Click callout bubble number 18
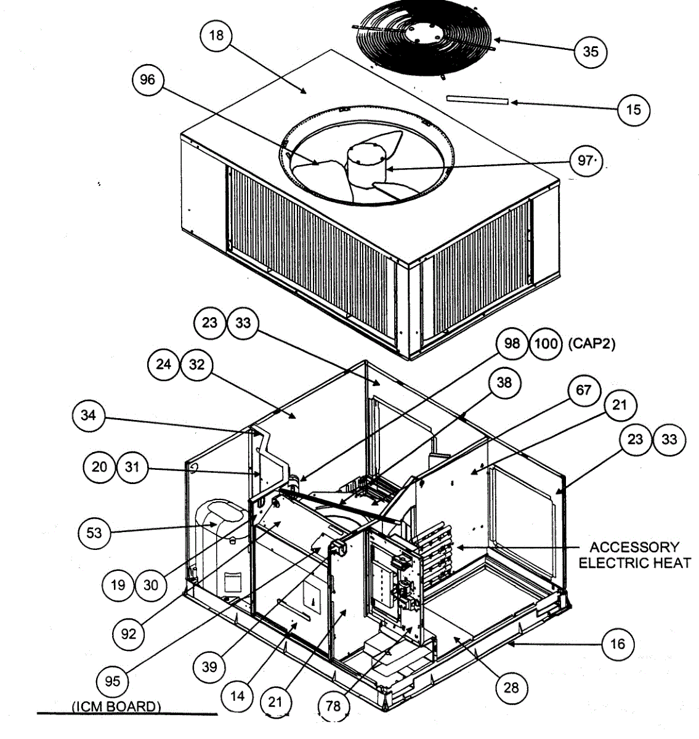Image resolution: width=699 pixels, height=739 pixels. click(216, 36)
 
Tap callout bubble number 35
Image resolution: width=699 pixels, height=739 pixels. click(590, 51)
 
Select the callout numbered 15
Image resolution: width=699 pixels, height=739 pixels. click(633, 110)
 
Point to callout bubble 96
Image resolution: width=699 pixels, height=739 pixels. click(148, 80)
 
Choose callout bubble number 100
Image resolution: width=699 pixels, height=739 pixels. click(545, 343)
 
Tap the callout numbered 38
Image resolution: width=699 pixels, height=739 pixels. click(504, 383)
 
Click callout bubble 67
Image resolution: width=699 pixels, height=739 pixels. click(583, 390)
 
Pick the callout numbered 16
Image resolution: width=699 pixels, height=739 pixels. click(617, 644)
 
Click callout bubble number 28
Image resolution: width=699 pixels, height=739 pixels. click(511, 687)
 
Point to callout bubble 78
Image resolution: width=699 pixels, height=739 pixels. click(333, 706)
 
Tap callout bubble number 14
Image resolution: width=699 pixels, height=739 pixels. click(237, 696)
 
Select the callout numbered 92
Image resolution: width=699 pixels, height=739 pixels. click(128, 632)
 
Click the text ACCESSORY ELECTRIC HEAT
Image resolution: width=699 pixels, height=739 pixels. click(634, 555)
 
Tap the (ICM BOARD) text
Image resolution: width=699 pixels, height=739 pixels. click(116, 706)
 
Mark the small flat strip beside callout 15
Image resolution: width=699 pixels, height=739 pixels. click(477, 100)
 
